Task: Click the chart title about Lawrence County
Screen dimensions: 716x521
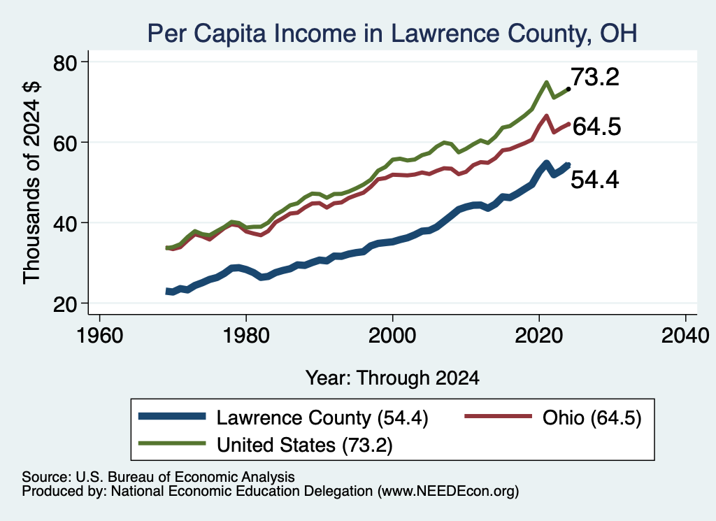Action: point(392,34)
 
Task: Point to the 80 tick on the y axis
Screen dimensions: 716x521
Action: point(65,63)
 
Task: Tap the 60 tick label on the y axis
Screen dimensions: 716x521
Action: point(65,143)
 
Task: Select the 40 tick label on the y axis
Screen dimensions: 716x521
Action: point(65,224)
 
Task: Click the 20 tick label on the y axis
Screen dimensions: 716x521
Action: point(65,304)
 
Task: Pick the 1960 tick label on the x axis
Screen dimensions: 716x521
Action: point(100,336)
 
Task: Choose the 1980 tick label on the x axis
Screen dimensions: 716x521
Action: point(246,336)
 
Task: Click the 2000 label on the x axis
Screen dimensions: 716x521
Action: point(392,336)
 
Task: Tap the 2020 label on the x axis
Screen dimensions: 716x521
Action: point(539,336)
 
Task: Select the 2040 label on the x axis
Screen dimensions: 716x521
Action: point(685,336)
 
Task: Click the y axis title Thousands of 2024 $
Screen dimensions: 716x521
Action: point(31,183)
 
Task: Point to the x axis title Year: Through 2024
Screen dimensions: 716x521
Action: point(392,378)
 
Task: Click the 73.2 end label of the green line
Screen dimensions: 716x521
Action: point(595,77)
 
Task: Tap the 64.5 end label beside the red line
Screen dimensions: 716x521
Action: point(597,127)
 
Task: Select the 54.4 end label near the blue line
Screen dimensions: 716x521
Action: point(595,180)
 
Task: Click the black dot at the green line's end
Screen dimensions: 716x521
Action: point(568,89)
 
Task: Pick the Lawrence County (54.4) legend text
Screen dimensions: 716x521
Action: point(322,417)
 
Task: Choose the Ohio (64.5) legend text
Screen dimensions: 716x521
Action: point(592,417)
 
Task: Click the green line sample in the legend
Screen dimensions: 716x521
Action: point(172,443)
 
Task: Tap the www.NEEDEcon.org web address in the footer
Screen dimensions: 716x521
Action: point(448,492)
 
